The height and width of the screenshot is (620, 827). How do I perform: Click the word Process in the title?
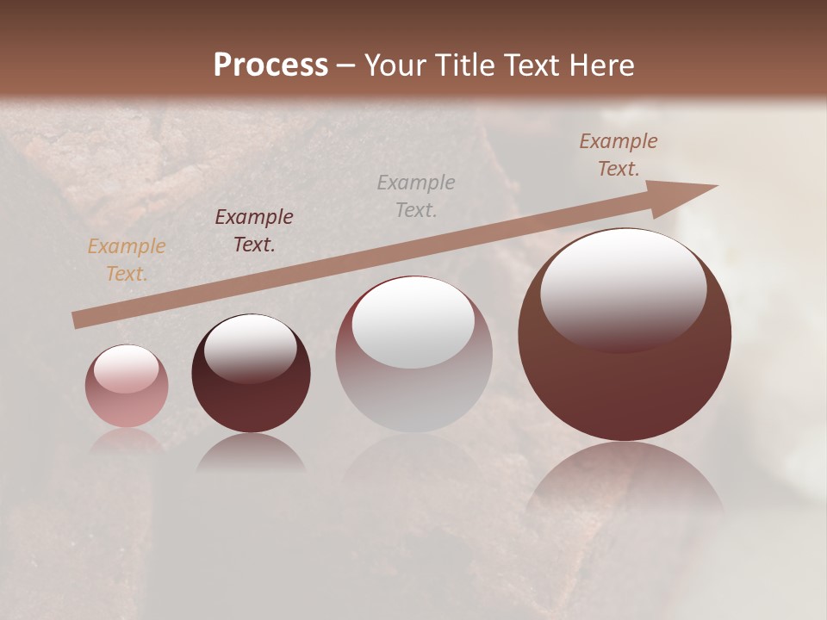click(270, 65)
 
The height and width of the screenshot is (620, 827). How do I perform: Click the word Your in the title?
click(392, 65)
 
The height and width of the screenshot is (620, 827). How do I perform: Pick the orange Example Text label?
click(126, 260)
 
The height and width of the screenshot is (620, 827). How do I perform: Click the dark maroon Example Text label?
click(253, 231)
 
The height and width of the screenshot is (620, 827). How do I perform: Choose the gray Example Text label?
click(415, 195)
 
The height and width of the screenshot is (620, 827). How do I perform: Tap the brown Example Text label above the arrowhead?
click(618, 155)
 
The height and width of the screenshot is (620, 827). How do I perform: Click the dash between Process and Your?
click(346, 65)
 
